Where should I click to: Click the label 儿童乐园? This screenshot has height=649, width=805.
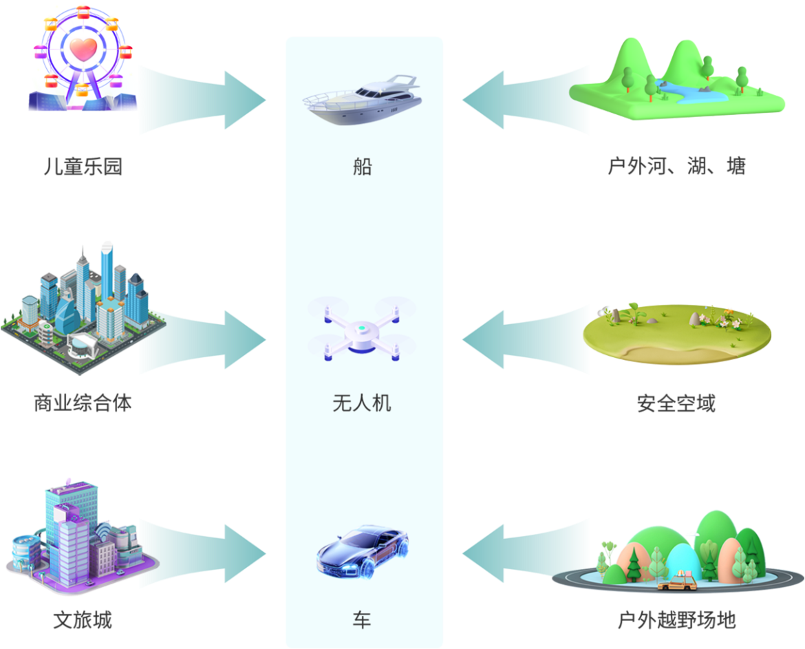click(x=83, y=167)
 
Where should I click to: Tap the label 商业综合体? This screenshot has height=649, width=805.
click(x=83, y=403)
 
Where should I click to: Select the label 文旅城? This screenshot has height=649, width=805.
click(x=83, y=620)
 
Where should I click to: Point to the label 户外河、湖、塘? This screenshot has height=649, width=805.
click(x=676, y=167)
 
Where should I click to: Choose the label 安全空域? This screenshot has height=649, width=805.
click(x=676, y=403)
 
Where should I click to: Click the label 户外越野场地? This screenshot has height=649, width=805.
click(x=676, y=620)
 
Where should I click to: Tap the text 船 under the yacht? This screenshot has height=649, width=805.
click(x=362, y=167)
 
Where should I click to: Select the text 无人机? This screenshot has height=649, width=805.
click(x=362, y=403)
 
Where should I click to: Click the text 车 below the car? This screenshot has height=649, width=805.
click(x=362, y=620)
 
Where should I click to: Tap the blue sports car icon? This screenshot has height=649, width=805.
click(x=363, y=550)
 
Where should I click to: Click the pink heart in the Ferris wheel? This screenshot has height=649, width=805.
click(x=83, y=48)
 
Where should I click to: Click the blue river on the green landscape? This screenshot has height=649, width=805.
click(x=695, y=92)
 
